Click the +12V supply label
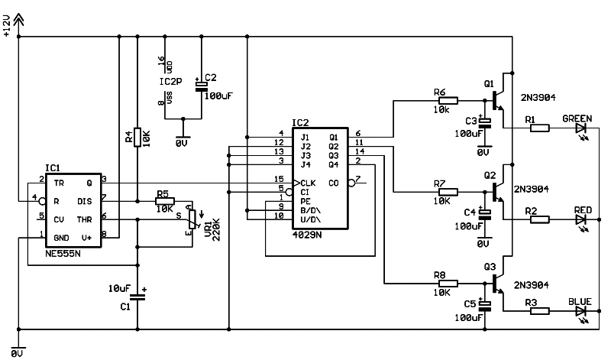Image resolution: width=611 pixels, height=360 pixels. pos(7,26)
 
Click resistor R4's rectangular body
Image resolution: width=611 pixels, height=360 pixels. pos(137,138)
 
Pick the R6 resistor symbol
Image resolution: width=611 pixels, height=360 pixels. pos(447,99)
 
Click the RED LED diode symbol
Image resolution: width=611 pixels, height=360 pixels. pos(581,220)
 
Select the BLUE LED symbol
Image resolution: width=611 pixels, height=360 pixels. pos(581,312)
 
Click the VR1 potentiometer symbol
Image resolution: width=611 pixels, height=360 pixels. pos(192,219)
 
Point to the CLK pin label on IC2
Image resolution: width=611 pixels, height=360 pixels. pos(309,183)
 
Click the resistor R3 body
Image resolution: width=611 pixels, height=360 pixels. pos(538,312)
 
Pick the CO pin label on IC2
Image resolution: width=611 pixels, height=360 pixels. pos(333,183)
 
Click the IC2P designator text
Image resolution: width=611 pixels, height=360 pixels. pos(170,81)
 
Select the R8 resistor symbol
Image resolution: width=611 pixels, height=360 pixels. pos(447,283)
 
